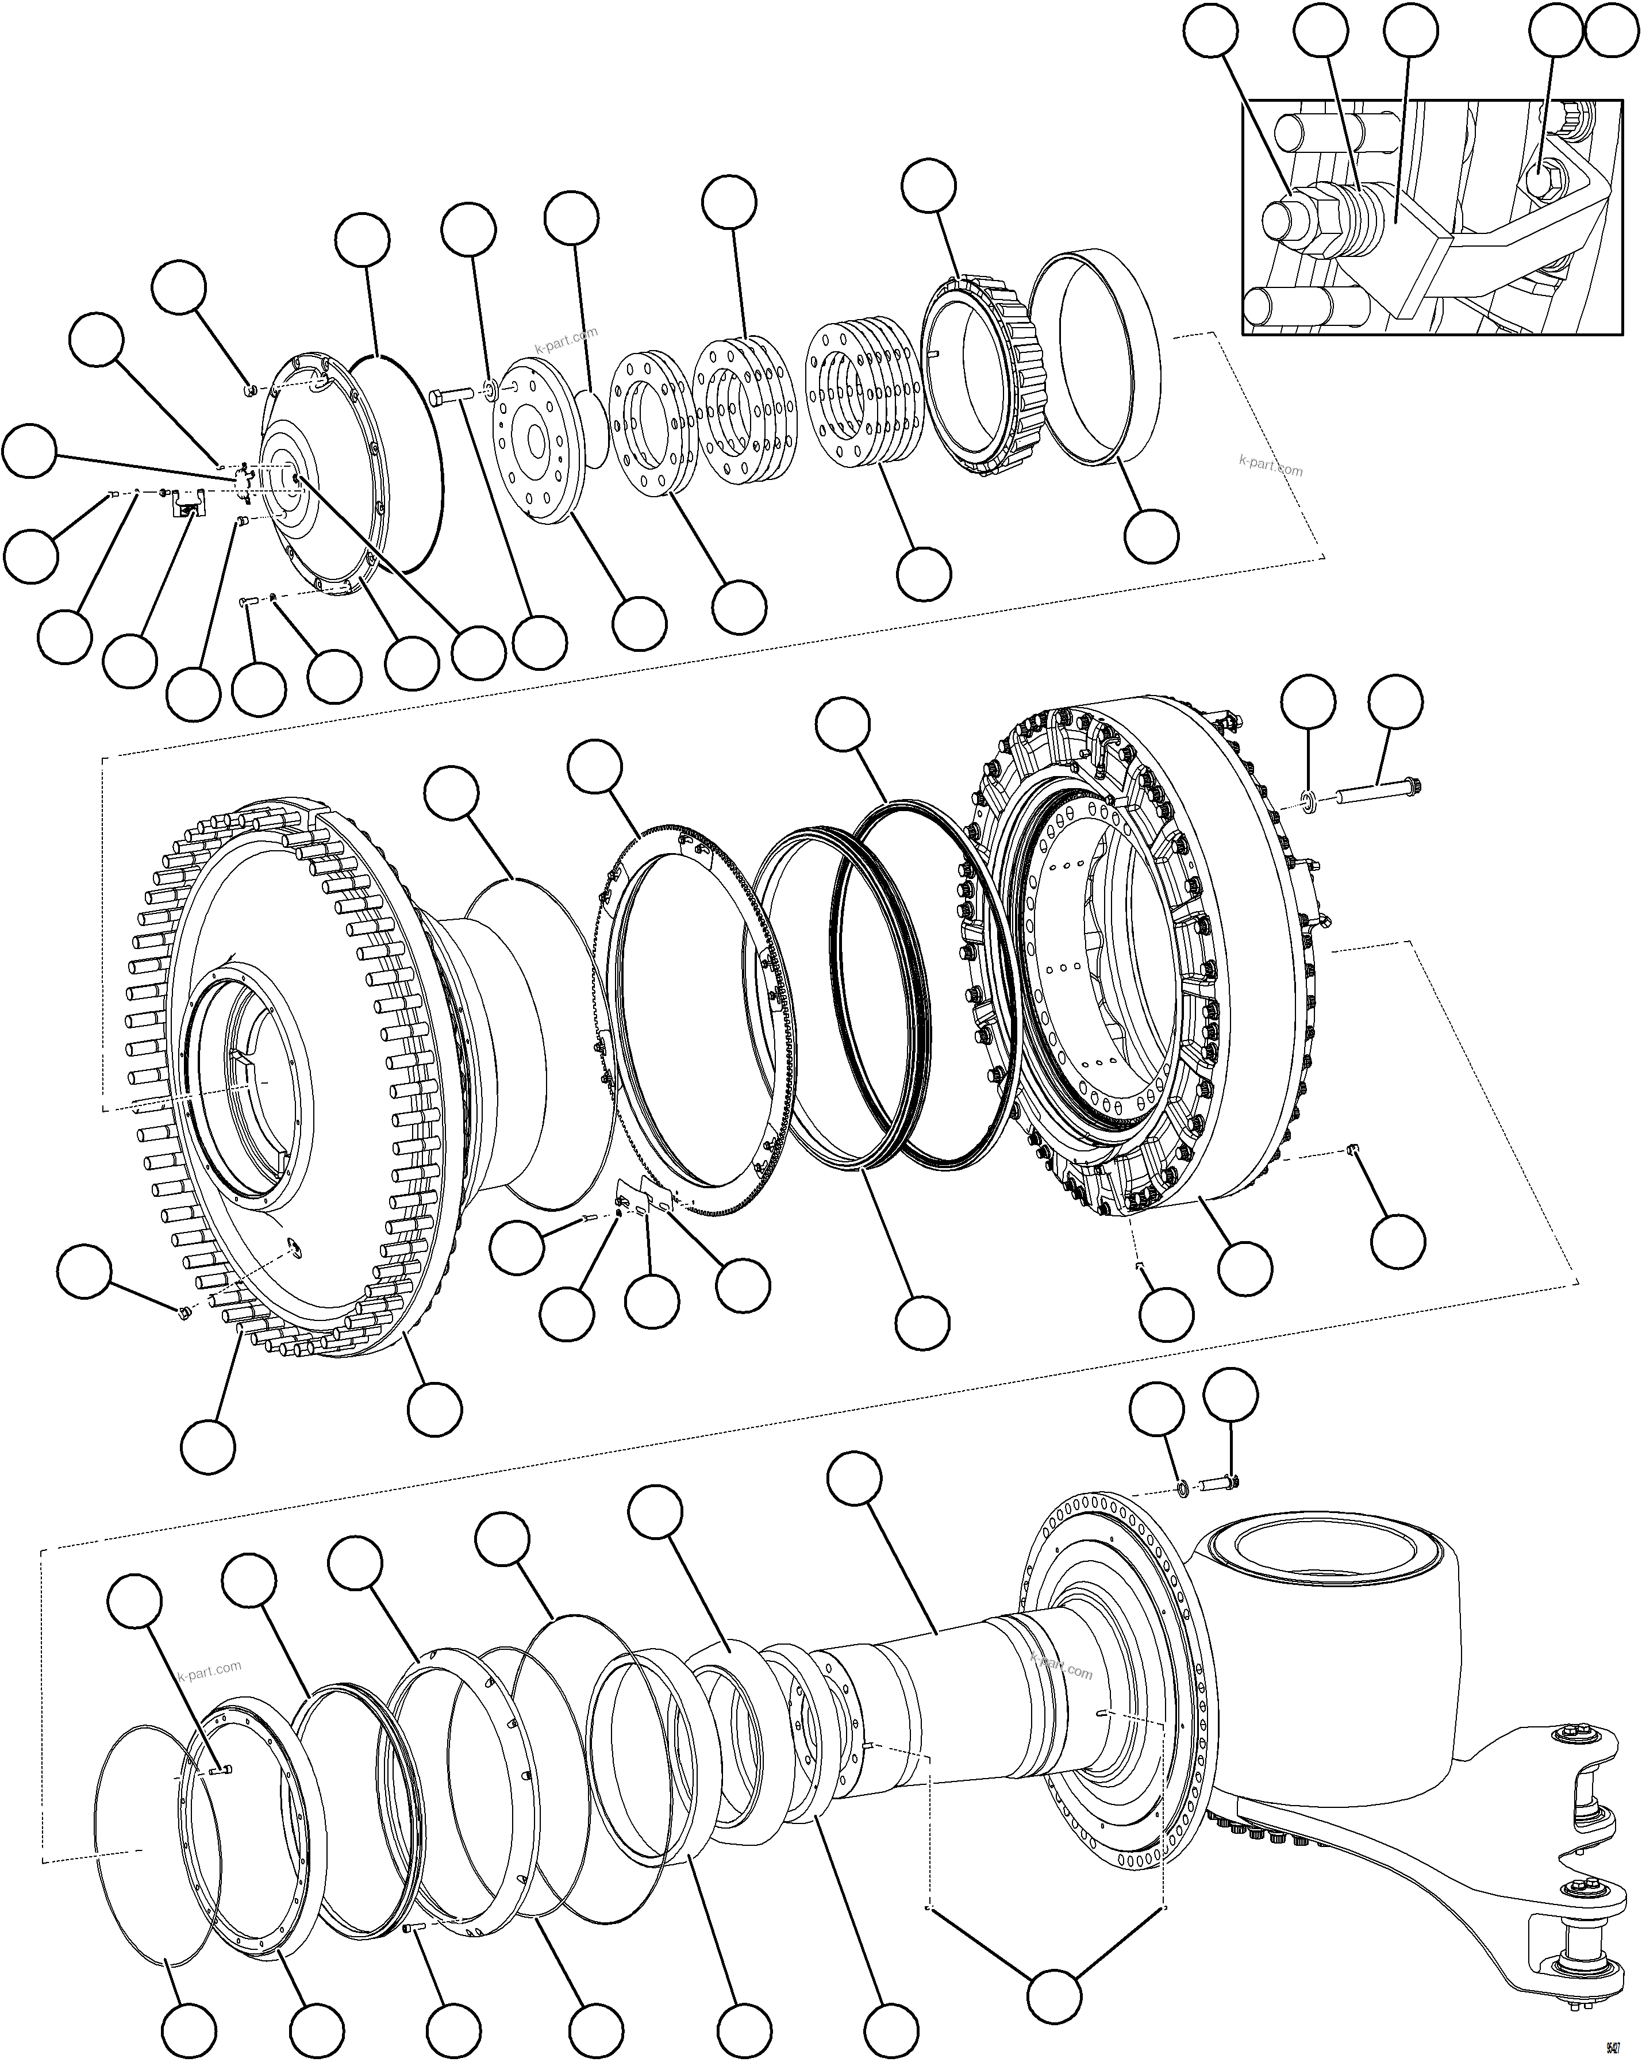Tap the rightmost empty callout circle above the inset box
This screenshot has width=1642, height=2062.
(1612, 33)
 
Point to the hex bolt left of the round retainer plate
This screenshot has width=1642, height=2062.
(449, 397)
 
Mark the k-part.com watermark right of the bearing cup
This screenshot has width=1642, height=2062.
(1270, 465)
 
